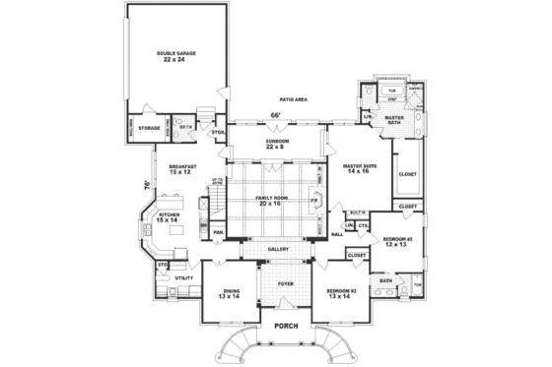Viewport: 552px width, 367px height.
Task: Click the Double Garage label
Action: [x=176, y=57]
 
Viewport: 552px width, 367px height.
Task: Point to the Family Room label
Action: [x=273, y=201]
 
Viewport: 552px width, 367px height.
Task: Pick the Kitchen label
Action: [x=167, y=215]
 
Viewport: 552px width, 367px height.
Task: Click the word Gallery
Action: [x=278, y=250]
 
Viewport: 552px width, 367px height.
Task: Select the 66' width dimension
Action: [x=277, y=117]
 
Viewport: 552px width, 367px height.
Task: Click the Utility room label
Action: [x=183, y=278]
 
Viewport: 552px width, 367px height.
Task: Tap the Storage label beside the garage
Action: [x=149, y=128]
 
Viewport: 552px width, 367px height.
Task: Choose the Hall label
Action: [x=337, y=234]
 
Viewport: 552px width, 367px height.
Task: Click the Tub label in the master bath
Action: [x=391, y=88]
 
